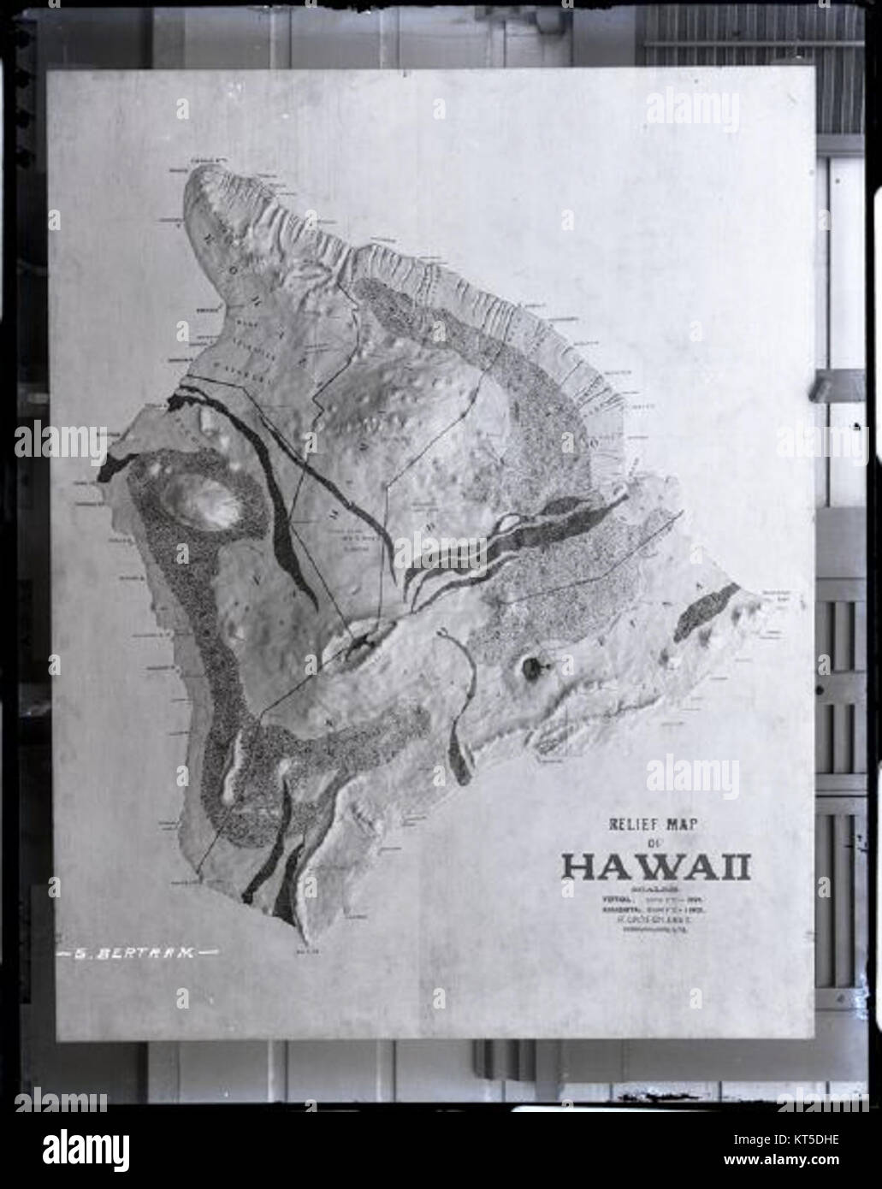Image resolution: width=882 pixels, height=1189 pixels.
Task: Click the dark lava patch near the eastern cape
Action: (705, 613)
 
